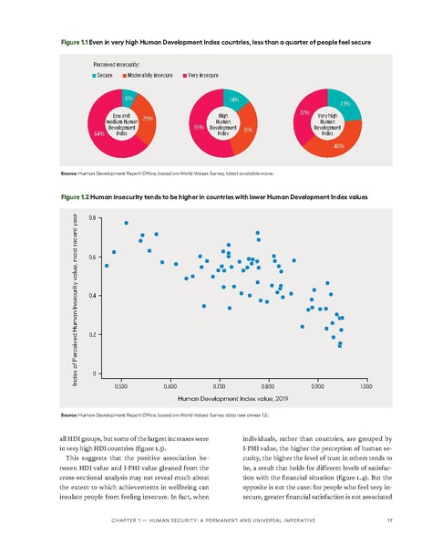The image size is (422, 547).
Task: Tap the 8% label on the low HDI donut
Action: (x=129, y=97)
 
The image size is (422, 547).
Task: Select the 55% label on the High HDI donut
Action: (x=198, y=128)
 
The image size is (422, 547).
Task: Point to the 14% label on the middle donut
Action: (x=234, y=99)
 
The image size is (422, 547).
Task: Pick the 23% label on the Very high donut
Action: (x=344, y=105)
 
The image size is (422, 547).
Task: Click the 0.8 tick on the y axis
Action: (x=92, y=217)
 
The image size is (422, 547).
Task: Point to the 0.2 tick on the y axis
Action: (x=92, y=335)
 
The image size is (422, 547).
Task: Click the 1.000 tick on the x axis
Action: (x=365, y=387)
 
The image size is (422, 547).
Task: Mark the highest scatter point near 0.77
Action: (x=126, y=223)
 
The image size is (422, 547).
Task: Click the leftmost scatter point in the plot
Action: (x=107, y=266)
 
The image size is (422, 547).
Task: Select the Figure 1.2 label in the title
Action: (x=73, y=195)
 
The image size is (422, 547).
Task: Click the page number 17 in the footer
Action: (x=389, y=521)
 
